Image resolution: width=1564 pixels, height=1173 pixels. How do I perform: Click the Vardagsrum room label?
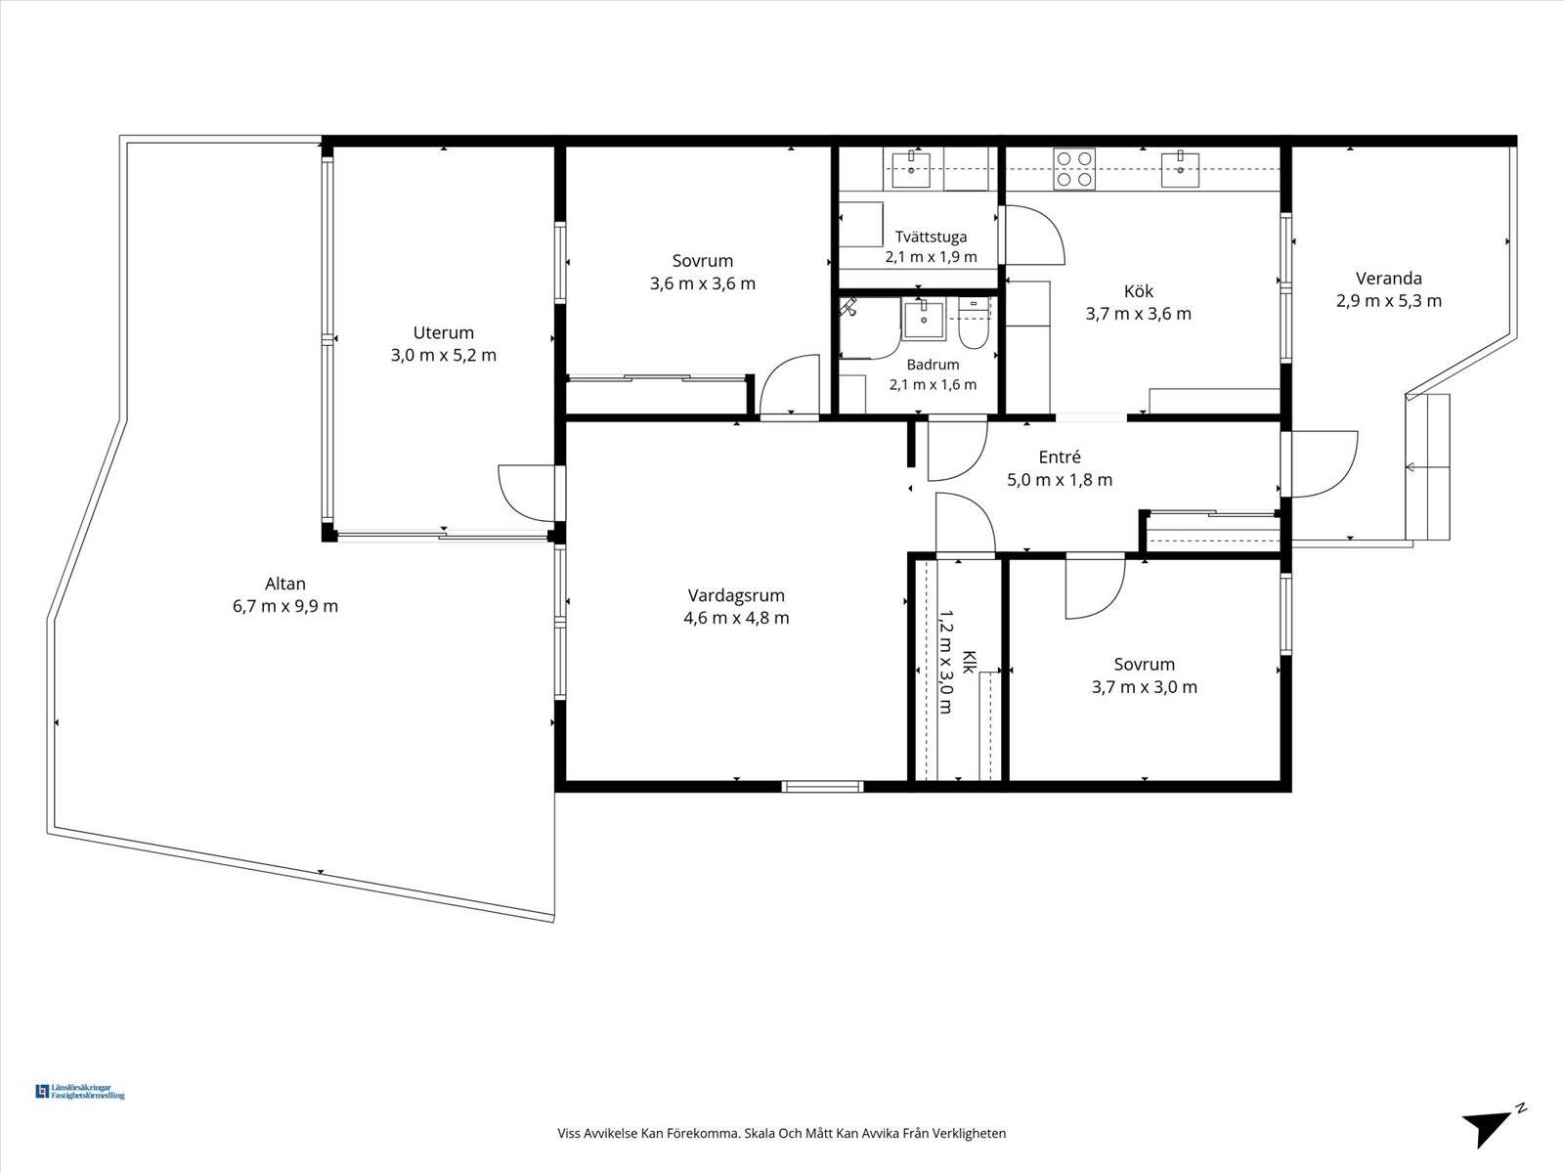click(736, 595)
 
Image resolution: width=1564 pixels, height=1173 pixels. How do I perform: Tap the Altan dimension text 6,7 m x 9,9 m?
click(285, 606)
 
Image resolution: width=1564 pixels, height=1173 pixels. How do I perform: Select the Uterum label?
click(443, 332)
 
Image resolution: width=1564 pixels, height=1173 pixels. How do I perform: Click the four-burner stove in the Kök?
click(1074, 169)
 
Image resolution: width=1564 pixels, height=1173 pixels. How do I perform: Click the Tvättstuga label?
click(931, 237)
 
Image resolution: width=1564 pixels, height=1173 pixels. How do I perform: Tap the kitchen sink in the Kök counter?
click(1180, 169)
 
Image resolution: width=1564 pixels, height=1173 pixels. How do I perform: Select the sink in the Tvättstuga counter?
click(911, 169)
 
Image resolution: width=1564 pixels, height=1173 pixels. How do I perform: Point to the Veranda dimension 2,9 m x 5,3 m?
click(1389, 300)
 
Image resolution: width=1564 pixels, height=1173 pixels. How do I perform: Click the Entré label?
click(1060, 457)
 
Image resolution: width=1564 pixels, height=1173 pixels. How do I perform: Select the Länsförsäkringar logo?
click(80, 1092)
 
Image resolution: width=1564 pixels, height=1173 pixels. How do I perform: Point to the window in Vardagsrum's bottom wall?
click(822, 786)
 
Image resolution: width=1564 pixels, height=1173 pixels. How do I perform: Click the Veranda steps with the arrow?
click(1428, 467)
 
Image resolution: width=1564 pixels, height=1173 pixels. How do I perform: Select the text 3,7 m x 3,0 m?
click(1145, 687)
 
